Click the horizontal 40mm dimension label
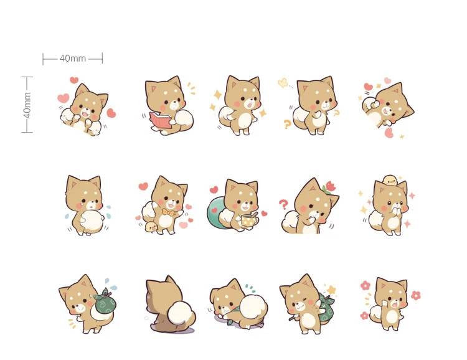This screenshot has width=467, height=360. click(x=72, y=58)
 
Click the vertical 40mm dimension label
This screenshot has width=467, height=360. click(x=27, y=105)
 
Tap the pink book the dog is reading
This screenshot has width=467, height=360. click(x=161, y=120)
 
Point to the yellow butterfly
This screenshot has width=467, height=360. click(x=283, y=83)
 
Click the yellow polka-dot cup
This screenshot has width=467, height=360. click(x=250, y=221)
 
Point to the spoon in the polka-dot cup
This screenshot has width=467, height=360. click(x=254, y=214)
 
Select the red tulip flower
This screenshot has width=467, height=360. click(x=330, y=187)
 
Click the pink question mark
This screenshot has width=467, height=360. click(x=283, y=204)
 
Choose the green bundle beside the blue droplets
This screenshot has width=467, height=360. click(x=105, y=301)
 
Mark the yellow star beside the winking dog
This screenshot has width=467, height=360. click(x=331, y=290)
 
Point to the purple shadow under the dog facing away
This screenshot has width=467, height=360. click(x=176, y=329)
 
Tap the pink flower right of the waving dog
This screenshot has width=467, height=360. click(x=415, y=295)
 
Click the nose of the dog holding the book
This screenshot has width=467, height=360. click(x=174, y=104)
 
